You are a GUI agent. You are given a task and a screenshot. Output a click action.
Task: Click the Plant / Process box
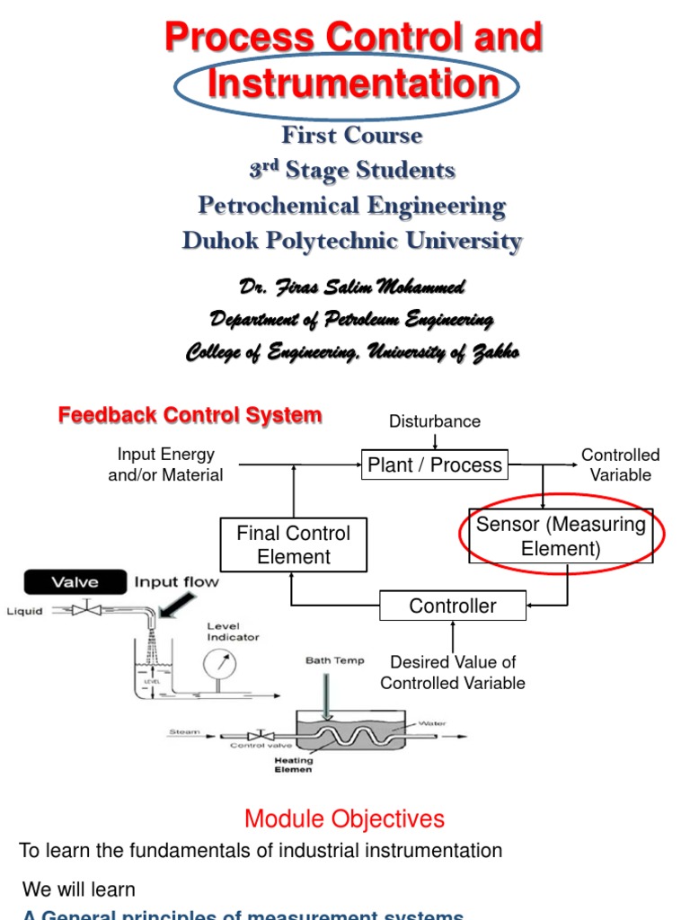[435, 465]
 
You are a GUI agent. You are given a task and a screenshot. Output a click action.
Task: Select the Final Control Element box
[294, 545]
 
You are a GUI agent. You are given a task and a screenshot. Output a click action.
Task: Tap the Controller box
[452, 606]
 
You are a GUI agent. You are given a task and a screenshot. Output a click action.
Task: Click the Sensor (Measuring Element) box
[561, 536]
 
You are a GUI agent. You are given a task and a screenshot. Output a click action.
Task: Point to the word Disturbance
[435, 421]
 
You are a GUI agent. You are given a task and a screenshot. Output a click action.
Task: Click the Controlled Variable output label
[620, 465]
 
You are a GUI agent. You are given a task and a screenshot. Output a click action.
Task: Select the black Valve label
[74, 582]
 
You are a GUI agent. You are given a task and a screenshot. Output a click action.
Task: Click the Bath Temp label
[335, 660]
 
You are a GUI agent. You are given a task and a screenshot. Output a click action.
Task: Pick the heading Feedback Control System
[190, 415]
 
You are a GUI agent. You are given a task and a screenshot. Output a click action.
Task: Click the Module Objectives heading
[345, 818]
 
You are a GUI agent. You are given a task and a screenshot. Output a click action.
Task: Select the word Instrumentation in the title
[353, 84]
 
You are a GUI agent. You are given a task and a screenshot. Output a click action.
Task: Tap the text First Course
[351, 136]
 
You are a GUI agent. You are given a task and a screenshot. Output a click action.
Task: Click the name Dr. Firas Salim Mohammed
[351, 287]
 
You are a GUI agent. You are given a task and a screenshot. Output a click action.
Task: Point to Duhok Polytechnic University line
[351, 241]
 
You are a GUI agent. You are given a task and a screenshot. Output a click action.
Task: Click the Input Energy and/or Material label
[165, 464]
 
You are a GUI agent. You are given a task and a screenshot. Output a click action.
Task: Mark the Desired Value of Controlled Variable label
[453, 672]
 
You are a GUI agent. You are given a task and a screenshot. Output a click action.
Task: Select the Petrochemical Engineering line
[351, 206]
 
